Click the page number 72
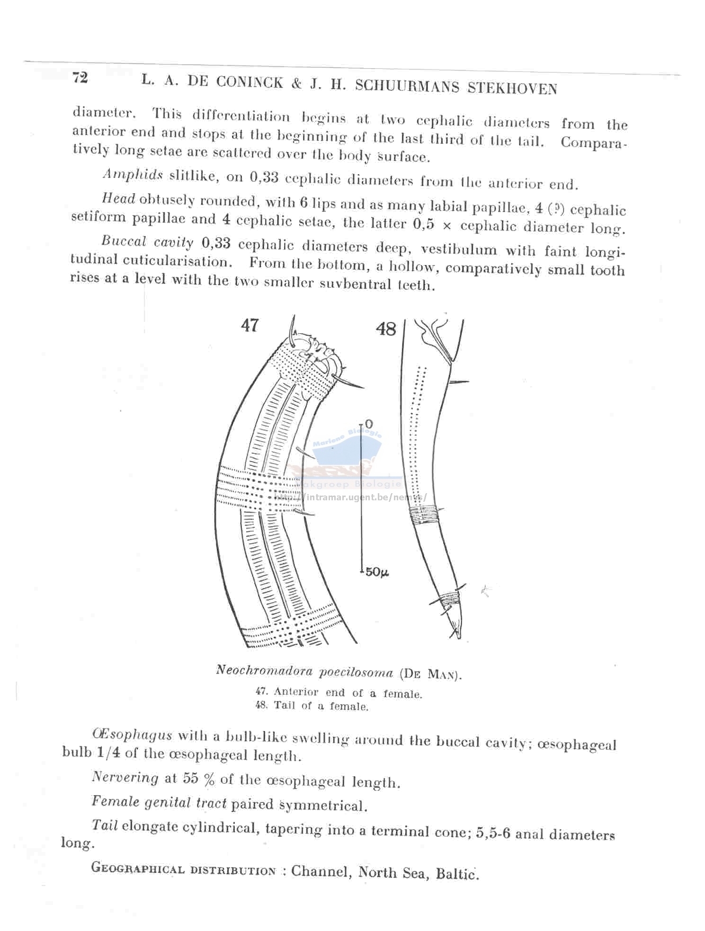click(80, 77)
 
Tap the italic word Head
click(118, 199)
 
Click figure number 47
click(250, 325)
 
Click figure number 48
click(385, 328)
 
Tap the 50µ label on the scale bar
click(377, 572)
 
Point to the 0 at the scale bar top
click(369, 424)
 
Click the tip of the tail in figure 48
click(458, 637)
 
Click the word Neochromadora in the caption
click(264, 670)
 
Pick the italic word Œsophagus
click(132, 735)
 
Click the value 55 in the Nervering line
click(190, 779)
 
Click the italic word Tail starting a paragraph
click(105, 825)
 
